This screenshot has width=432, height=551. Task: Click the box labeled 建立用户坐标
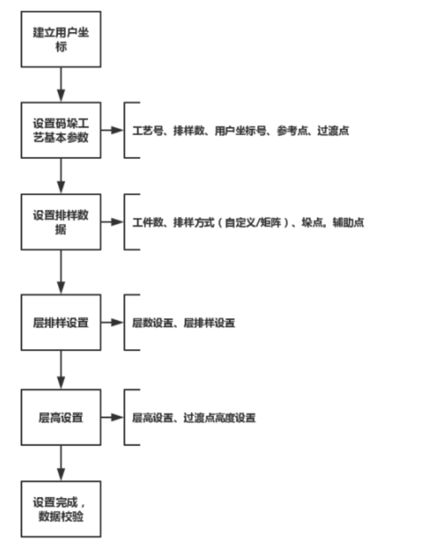click(x=61, y=39)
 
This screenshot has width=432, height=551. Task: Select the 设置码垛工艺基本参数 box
click(x=61, y=130)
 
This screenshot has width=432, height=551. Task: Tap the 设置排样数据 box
click(x=61, y=222)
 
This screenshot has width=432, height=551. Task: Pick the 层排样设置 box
click(x=61, y=323)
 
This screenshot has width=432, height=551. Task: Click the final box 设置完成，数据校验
click(x=61, y=508)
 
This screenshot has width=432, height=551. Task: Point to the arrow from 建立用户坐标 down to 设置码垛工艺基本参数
click(x=61, y=85)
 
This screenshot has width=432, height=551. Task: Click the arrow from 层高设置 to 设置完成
click(x=61, y=462)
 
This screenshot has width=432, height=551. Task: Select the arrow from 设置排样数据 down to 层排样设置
click(x=61, y=272)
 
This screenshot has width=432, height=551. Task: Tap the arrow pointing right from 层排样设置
click(x=112, y=323)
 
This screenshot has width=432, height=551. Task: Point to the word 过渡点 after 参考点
click(x=332, y=131)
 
